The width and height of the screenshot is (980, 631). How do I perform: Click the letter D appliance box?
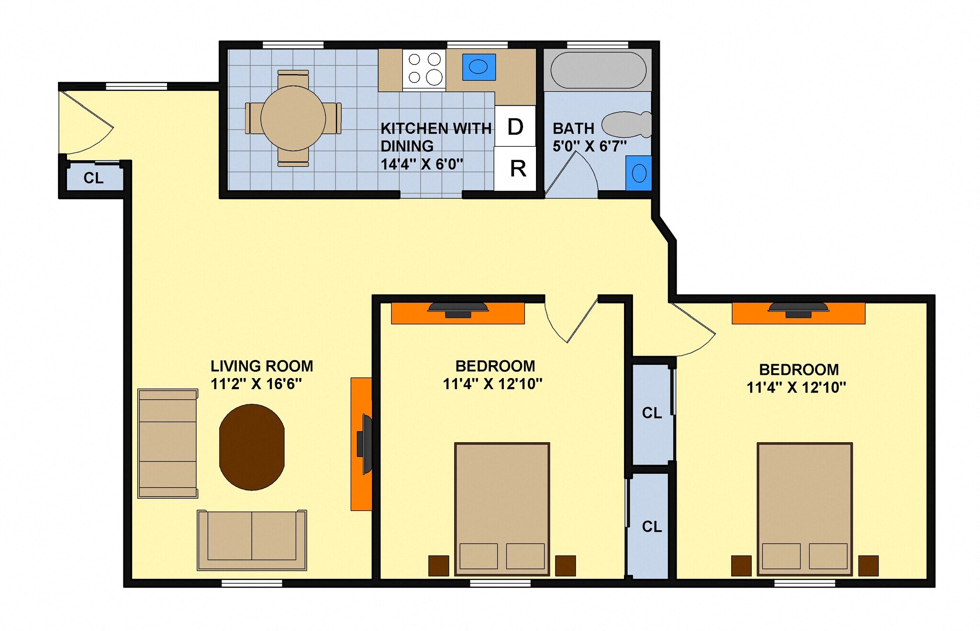tap(515, 126)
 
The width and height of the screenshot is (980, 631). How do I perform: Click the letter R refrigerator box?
tap(517, 169)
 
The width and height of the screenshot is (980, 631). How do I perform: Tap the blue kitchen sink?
tap(479, 67)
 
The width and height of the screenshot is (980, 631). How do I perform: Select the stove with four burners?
tap(424, 69)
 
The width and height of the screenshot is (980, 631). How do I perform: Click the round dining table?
tap(293, 118)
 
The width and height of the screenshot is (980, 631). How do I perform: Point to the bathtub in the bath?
tap(598, 70)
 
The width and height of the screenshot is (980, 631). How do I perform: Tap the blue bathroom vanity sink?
tap(639, 173)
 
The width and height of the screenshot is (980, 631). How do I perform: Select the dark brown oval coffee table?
tap(252, 447)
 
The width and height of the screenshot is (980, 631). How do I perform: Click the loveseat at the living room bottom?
tap(252, 540)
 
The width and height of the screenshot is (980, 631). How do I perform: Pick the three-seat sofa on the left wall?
tap(167, 443)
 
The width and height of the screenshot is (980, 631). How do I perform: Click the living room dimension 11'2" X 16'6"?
tap(256, 384)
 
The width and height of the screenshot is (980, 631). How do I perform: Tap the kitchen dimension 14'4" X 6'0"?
tap(422, 164)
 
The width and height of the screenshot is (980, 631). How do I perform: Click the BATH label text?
tap(573, 129)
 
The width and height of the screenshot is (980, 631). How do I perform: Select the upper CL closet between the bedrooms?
tap(651, 413)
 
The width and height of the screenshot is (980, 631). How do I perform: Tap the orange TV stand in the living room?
tap(361, 444)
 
